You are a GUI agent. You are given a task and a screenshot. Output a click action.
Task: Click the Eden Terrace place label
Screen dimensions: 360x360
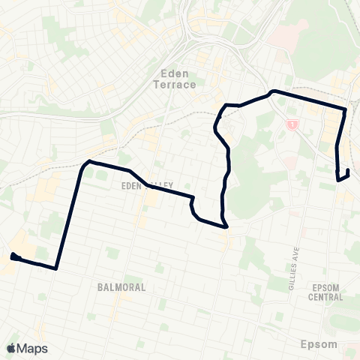click(178, 79)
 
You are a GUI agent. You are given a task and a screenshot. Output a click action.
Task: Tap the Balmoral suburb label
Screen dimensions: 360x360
click(120, 287)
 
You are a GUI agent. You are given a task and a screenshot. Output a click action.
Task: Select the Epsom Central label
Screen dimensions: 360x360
click(326, 292)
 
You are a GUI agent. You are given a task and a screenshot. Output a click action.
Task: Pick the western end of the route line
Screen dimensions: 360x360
click(13, 256)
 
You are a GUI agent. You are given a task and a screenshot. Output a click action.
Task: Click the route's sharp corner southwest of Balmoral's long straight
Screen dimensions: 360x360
click(56, 268)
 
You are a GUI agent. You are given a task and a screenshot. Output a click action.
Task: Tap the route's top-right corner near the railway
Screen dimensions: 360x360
click(345, 109)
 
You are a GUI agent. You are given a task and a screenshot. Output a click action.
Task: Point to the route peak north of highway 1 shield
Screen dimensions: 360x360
click(273, 91)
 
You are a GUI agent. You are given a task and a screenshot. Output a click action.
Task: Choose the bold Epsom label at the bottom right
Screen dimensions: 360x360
click(319, 344)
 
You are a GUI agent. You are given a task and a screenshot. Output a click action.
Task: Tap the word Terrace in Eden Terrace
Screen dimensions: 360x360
click(178, 85)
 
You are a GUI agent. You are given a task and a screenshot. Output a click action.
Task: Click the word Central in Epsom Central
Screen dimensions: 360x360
click(326, 296)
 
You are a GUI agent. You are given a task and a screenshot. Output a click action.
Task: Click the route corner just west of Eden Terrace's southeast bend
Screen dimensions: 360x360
click(226, 104)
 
